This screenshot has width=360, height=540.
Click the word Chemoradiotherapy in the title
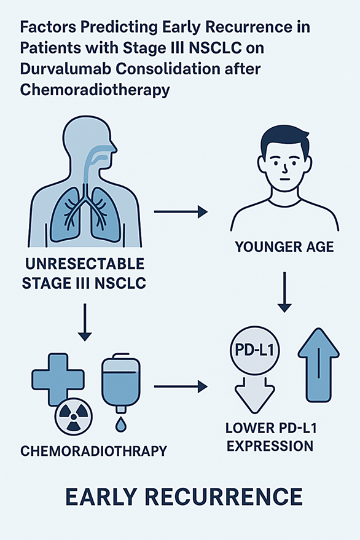click(95, 90)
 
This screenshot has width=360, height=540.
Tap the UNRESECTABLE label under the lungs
click(85, 264)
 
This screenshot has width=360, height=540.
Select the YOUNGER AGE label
click(284, 247)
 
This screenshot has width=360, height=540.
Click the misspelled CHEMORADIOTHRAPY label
click(94, 451)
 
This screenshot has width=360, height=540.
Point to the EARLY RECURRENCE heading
click(184, 497)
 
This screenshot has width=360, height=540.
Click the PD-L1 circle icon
click(254, 351)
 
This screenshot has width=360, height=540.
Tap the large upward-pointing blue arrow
click(319, 365)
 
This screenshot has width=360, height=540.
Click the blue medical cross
click(58, 379)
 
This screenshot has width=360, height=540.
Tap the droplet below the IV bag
click(120, 425)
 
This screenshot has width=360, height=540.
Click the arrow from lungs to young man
click(181, 211)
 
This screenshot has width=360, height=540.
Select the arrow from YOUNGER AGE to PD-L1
click(284, 292)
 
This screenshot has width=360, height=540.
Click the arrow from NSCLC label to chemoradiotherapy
click(84, 322)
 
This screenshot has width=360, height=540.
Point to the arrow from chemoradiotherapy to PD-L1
click(181, 387)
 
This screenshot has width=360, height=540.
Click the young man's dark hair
click(284, 139)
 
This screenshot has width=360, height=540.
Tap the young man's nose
click(285, 168)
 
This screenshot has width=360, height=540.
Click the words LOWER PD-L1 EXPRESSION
click(271, 437)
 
